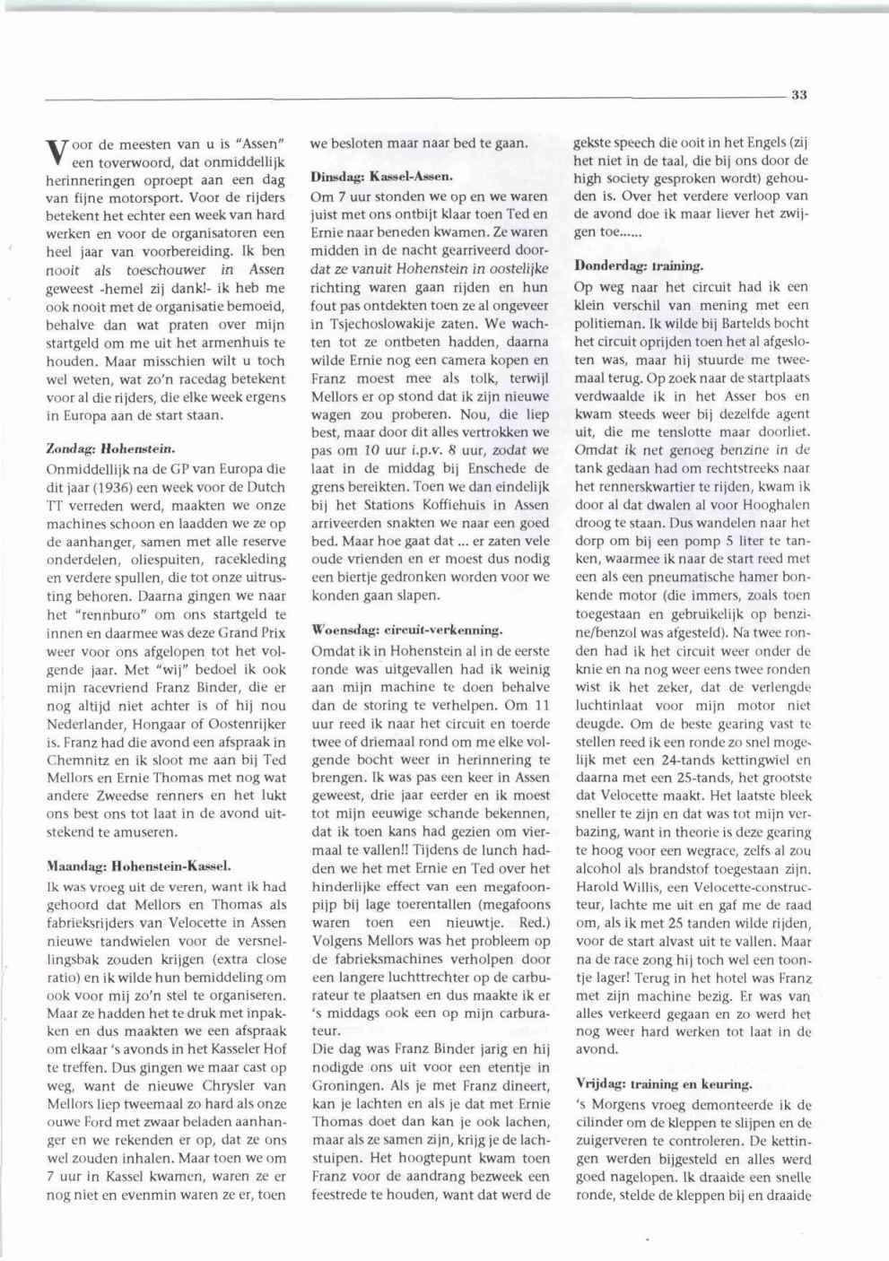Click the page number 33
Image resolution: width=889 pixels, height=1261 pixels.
click(800, 94)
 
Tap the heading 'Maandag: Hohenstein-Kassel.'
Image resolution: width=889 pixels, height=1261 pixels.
click(138, 866)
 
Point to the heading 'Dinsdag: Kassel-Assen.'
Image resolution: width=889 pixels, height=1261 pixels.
click(381, 176)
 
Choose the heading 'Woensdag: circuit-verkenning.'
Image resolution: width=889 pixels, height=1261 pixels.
click(406, 630)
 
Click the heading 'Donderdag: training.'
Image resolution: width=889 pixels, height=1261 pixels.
click(639, 266)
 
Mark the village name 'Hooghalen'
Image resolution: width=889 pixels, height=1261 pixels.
click(777, 504)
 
